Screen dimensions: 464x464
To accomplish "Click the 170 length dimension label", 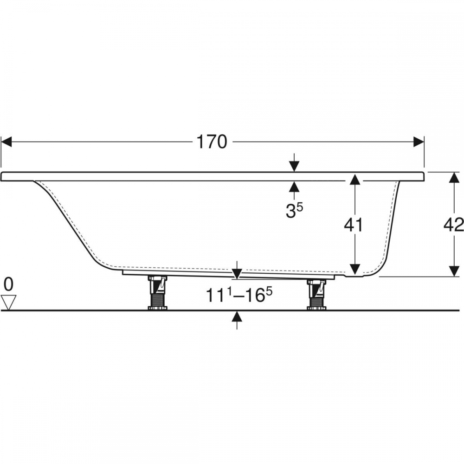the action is point(212,142).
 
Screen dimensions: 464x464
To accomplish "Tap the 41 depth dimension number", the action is point(353,225).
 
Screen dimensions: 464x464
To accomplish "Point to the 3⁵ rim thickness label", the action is point(294,210).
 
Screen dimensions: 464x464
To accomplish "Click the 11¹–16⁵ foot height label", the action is point(239,295).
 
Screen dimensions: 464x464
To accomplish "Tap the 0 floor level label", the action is point(8,284).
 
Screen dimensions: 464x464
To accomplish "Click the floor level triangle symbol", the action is point(8,303).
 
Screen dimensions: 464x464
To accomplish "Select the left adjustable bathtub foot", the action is point(157,293).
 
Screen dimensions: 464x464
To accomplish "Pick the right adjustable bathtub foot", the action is point(316,295).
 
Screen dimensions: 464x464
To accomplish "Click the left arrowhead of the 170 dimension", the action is point(6,142).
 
